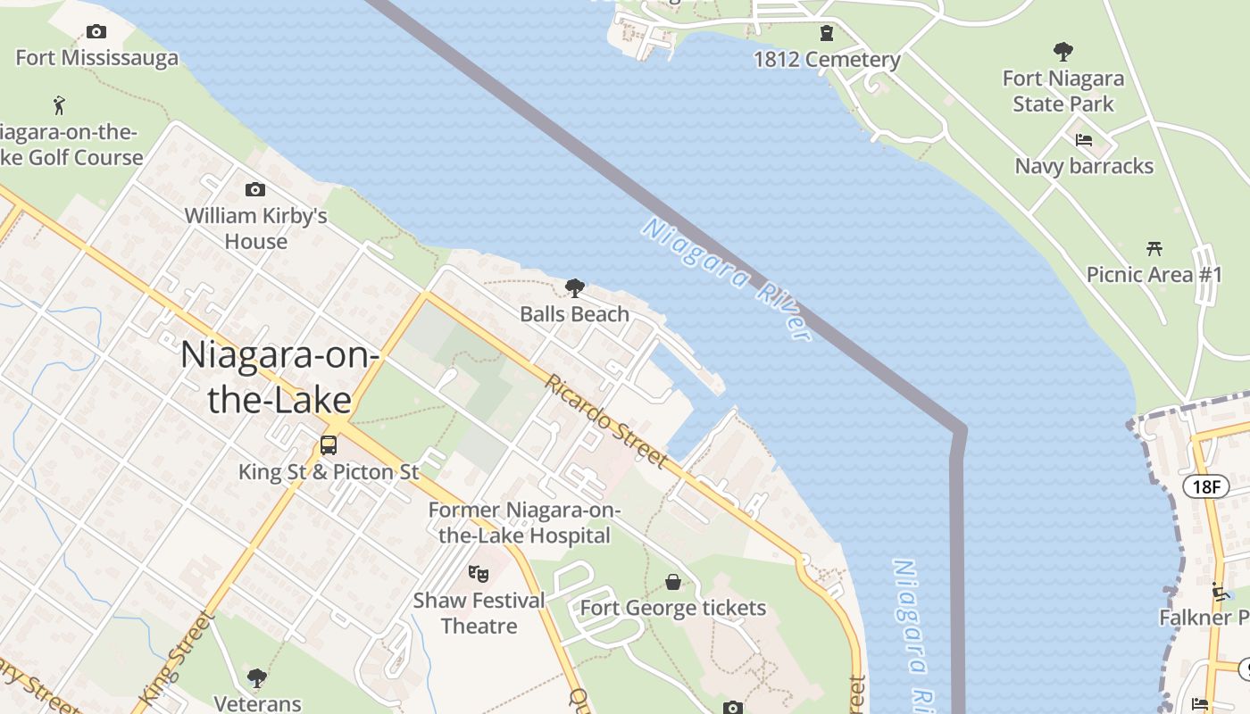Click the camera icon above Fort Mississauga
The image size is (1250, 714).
tap(96, 32)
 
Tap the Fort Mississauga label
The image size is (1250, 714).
tap(97, 59)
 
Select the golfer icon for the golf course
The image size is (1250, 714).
tap(60, 105)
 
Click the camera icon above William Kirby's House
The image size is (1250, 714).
tap(255, 189)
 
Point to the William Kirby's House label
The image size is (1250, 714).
tap(256, 228)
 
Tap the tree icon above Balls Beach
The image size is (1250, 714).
tap(575, 287)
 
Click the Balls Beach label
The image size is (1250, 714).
tap(575, 314)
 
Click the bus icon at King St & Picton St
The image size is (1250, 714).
tap(329, 445)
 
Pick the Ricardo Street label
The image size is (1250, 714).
tap(607, 421)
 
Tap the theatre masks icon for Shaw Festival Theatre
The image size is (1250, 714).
tap(479, 574)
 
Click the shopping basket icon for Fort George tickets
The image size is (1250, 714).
tap(673, 583)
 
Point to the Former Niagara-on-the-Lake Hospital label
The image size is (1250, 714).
tap(524, 523)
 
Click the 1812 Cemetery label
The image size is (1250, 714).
tap(827, 60)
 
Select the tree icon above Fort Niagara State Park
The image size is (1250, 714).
tap(1062, 51)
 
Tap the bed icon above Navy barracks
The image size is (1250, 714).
tap(1084, 140)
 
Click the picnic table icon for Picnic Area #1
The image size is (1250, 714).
tap(1154, 248)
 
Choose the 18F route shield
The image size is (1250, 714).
tap(1206, 486)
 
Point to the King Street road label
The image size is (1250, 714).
tap(175, 656)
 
